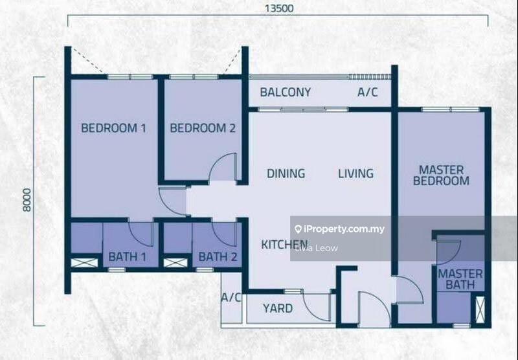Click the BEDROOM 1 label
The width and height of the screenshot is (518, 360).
(113, 128)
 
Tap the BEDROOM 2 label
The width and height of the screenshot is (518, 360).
(203, 128)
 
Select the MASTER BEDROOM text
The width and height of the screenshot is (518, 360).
(441, 175)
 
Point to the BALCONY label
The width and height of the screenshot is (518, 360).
(286, 93)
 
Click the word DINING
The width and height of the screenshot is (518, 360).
(286, 174)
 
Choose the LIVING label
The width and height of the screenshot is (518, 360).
(355, 174)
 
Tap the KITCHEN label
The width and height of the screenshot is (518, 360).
(284, 245)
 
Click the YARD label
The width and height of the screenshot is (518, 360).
(277, 308)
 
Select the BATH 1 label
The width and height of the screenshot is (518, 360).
(128, 257)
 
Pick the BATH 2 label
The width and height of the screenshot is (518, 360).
(218, 257)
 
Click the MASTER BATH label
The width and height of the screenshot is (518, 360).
(460, 279)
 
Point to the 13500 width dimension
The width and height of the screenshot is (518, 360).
(278, 9)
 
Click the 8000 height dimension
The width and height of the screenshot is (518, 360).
(27, 200)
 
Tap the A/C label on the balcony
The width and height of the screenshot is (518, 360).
(368, 93)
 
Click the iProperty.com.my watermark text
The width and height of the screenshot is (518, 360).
(343, 229)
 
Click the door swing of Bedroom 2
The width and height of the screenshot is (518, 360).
(224, 167)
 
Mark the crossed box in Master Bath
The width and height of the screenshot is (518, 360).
(480, 309)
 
